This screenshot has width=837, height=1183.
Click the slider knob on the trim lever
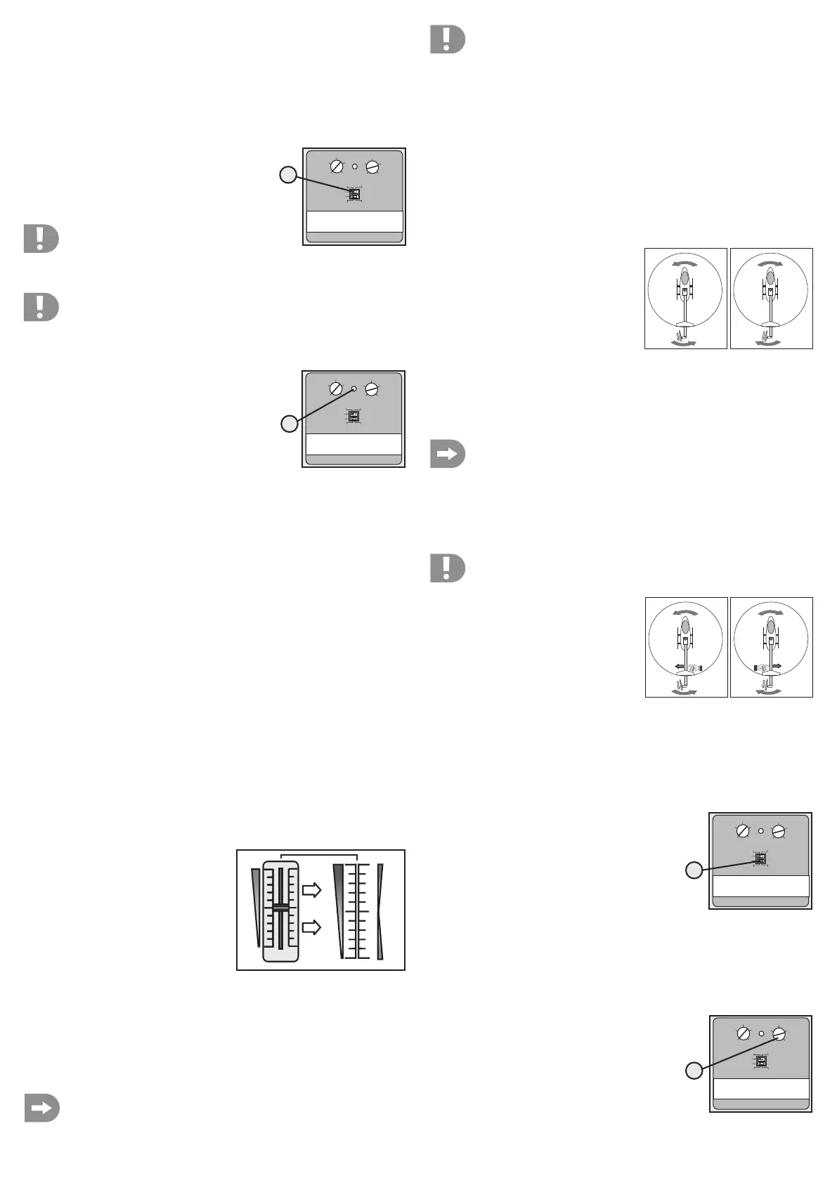click(x=280, y=908)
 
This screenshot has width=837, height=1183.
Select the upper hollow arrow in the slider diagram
click(x=311, y=890)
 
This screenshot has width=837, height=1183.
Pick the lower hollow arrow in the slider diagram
click(x=311, y=927)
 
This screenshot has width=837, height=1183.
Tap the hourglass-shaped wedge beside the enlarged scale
click(x=380, y=912)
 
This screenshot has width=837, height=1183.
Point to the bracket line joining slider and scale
click(x=319, y=855)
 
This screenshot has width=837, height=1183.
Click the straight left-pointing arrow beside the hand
click(x=680, y=666)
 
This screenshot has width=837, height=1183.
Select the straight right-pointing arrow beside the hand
click(x=777, y=665)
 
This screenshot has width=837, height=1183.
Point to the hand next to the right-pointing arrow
click(x=762, y=667)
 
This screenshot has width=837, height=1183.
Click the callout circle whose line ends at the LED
click(x=290, y=424)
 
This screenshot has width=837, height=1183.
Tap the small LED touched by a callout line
click(x=354, y=388)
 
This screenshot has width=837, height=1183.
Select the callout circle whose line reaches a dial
click(x=694, y=1071)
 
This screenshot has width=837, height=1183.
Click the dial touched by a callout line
click(x=779, y=1034)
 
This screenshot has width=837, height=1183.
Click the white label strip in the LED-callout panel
click(x=353, y=444)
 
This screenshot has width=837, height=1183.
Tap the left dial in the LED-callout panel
click(x=336, y=388)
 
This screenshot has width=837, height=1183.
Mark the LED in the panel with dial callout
click(x=761, y=1033)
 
